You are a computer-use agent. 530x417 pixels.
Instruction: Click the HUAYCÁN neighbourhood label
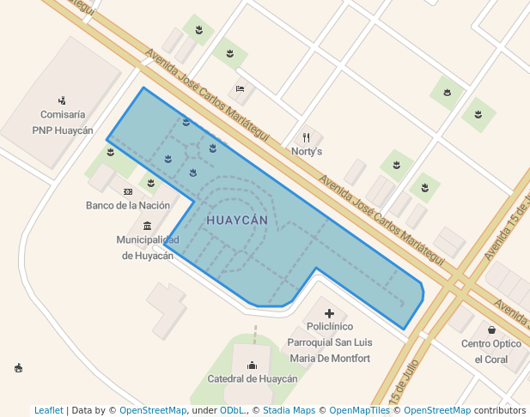click(x=237, y=221)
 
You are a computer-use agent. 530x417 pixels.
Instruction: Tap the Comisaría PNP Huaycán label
click(x=63, y=122)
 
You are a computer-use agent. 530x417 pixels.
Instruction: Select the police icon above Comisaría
click(x=63, y=100)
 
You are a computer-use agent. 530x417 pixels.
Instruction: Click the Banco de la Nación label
click(x=128, y=206)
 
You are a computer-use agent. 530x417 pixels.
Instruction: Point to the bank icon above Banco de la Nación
click(x=128, y=191)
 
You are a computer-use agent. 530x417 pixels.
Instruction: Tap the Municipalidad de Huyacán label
click(x=148, y=247)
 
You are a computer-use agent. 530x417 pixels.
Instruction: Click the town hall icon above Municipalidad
click(x=148, y=226)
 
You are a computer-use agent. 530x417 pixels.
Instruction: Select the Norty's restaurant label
click(x=307, y=151)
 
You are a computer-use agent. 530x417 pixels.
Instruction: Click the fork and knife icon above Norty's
click(x=307, y=137)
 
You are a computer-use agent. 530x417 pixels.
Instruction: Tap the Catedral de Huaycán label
click(x=253, y=378)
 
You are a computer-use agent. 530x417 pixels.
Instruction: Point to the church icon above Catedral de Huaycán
click(x=252, y=365)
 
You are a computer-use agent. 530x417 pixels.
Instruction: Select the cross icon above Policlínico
click(x=329, y=314)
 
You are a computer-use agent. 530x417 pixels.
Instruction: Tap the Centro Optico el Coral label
click(x=491, y=351)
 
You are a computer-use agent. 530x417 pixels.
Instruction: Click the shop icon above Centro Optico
click(x=491, y=329)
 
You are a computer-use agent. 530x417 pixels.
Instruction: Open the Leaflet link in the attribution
click(x=49, y=411)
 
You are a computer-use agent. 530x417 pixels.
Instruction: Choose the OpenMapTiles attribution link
click(x=360, y=411)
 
